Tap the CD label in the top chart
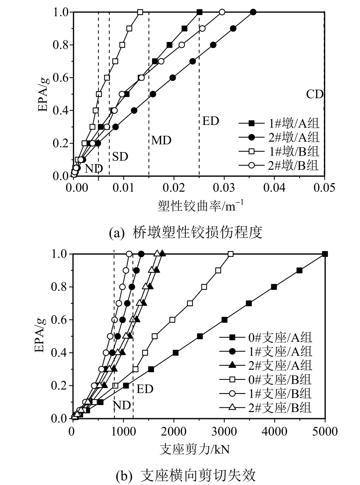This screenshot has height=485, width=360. (315, 94)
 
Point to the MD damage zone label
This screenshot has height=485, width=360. (161, 140)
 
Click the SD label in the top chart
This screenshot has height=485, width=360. (120, 157)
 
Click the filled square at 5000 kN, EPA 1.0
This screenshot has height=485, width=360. (325, 254)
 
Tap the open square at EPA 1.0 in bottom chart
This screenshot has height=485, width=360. (231, 254)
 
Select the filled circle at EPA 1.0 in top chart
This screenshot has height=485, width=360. (253, 12)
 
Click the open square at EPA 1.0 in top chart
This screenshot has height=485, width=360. (140, 12)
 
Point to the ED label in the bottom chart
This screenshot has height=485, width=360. (145, 389)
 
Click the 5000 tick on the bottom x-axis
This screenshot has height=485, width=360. (325, 431)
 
